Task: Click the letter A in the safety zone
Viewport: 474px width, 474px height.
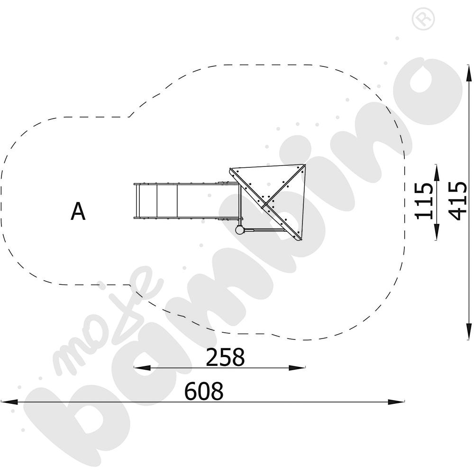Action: pos(78,211)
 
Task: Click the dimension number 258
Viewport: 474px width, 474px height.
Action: pos(225,357)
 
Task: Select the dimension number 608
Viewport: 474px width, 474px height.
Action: pos(204,391)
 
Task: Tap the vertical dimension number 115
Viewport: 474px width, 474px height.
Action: pos(423,201)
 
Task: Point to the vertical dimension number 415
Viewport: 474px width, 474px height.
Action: pos(458,201)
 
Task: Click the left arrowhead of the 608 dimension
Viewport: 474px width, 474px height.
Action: pos(9,402)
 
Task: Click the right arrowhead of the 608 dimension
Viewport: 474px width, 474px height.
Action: pos(396,402)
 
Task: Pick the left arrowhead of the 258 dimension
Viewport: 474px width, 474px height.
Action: pos(142,368)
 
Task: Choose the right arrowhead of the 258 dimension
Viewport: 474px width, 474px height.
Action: pos(297,368)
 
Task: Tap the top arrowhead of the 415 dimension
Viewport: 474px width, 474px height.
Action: pos(469,73)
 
